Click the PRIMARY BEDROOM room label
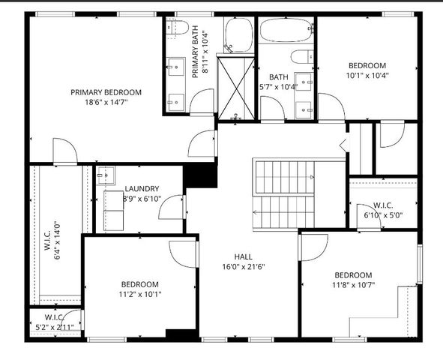(x=106, y=92)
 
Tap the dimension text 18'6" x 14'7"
(x=106, y=103)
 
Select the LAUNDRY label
(x=141, y=188)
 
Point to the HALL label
(x=243, y=256)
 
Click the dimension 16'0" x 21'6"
(x=243, y=267)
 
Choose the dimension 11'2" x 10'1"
(x=140, y=294)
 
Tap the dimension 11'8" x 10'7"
(x=352, y=285)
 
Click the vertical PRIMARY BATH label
(x=195, y=52)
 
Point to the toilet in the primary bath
(x=177, y=28)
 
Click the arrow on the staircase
(x=312, y=178)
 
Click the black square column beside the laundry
(x=200, y=175)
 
